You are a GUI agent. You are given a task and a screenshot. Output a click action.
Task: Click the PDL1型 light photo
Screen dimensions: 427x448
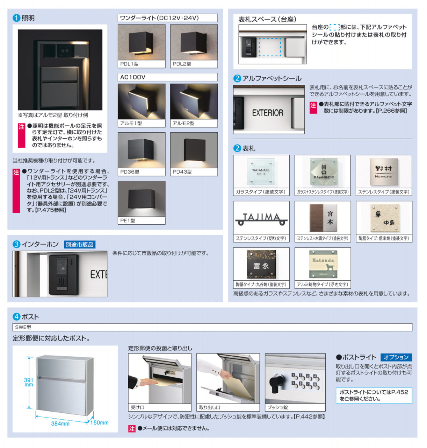click(141, 42)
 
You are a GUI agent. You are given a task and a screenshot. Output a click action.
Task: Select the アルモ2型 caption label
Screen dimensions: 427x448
click(183, 124)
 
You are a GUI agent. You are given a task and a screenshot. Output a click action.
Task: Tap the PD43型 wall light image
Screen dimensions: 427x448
click(194, 150)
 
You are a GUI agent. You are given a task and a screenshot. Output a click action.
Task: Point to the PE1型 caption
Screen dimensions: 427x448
click(128, 220)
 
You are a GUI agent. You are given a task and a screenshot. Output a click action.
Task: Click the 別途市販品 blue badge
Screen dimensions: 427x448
click(80, 245)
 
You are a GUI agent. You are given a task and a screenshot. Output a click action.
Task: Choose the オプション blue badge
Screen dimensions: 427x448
click(396, 357)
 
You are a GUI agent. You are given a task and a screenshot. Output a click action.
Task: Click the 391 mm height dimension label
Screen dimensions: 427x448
click(29, 382)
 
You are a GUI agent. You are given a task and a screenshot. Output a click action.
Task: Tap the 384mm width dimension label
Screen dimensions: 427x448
click(60, 423)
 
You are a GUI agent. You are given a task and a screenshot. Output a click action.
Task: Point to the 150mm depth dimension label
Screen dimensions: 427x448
click(99, 422)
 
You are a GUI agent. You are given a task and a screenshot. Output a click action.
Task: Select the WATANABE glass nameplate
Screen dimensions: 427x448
click(261, 171)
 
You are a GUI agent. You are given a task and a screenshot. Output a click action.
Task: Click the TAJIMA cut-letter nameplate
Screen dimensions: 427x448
click(261, 219)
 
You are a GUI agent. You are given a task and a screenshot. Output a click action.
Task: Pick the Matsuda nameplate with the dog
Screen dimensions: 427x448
click(323, 264)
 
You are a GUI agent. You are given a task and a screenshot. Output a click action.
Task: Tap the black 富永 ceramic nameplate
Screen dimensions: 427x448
click(261, 264)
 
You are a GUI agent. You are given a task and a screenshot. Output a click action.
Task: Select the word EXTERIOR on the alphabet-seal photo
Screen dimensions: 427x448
click(268, 113)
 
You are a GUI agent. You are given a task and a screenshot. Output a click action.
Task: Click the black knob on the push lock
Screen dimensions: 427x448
click(275, 383)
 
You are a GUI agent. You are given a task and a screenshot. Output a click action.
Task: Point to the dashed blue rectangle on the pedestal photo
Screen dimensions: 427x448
click(270, 47)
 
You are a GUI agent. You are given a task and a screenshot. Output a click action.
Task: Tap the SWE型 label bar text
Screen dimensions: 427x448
click(23, 327)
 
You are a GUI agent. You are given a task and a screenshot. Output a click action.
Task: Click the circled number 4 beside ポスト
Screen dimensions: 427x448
click(16, 316)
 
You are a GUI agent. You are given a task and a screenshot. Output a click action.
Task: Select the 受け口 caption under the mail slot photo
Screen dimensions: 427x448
click(137, 407)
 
